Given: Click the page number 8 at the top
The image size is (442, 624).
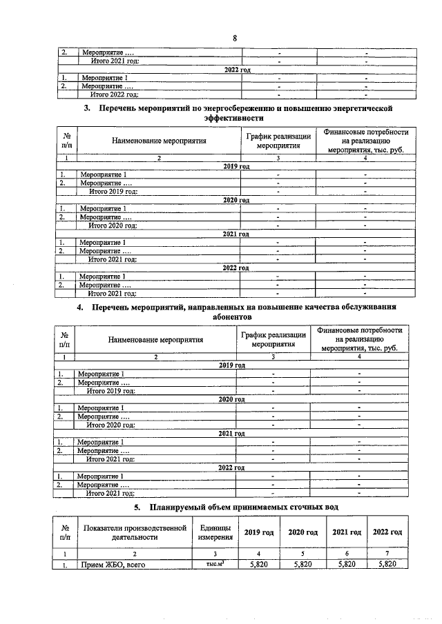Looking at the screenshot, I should pyautogui.click(x=235, y=37).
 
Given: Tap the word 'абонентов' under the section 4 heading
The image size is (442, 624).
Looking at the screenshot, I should pyautogui.click(x=232, y=316).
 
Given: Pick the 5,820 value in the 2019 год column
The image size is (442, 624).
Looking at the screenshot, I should pyautogui.click(x=258, y=564).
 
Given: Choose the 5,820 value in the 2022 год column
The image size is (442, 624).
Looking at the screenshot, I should pyautogui.click(x=387, y=564).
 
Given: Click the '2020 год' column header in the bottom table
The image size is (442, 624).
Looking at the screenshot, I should pyautogui.click(x=302, y=532).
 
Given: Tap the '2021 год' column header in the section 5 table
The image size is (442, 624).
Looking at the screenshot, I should pyautogui.click(x=347, y=532).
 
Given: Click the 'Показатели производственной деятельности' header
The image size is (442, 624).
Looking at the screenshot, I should pyautogui.click(x=135, y=532).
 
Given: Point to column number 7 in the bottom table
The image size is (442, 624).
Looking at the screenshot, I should pyautogui.click(x=387, y=553).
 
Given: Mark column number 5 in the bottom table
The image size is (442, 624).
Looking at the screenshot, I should pyautogui.click(x=302, y=553).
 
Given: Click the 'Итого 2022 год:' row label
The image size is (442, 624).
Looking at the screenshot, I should pyautogui.click(x=115, y=94).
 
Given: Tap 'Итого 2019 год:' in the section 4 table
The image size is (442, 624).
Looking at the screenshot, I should pyautogui.click(x=110, y=390).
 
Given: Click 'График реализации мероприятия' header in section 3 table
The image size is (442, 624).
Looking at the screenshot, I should pyautogui.click(x=277, y=141).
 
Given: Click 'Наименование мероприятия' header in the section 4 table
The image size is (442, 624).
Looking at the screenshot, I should pyautogui.click(x=155, y=339).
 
